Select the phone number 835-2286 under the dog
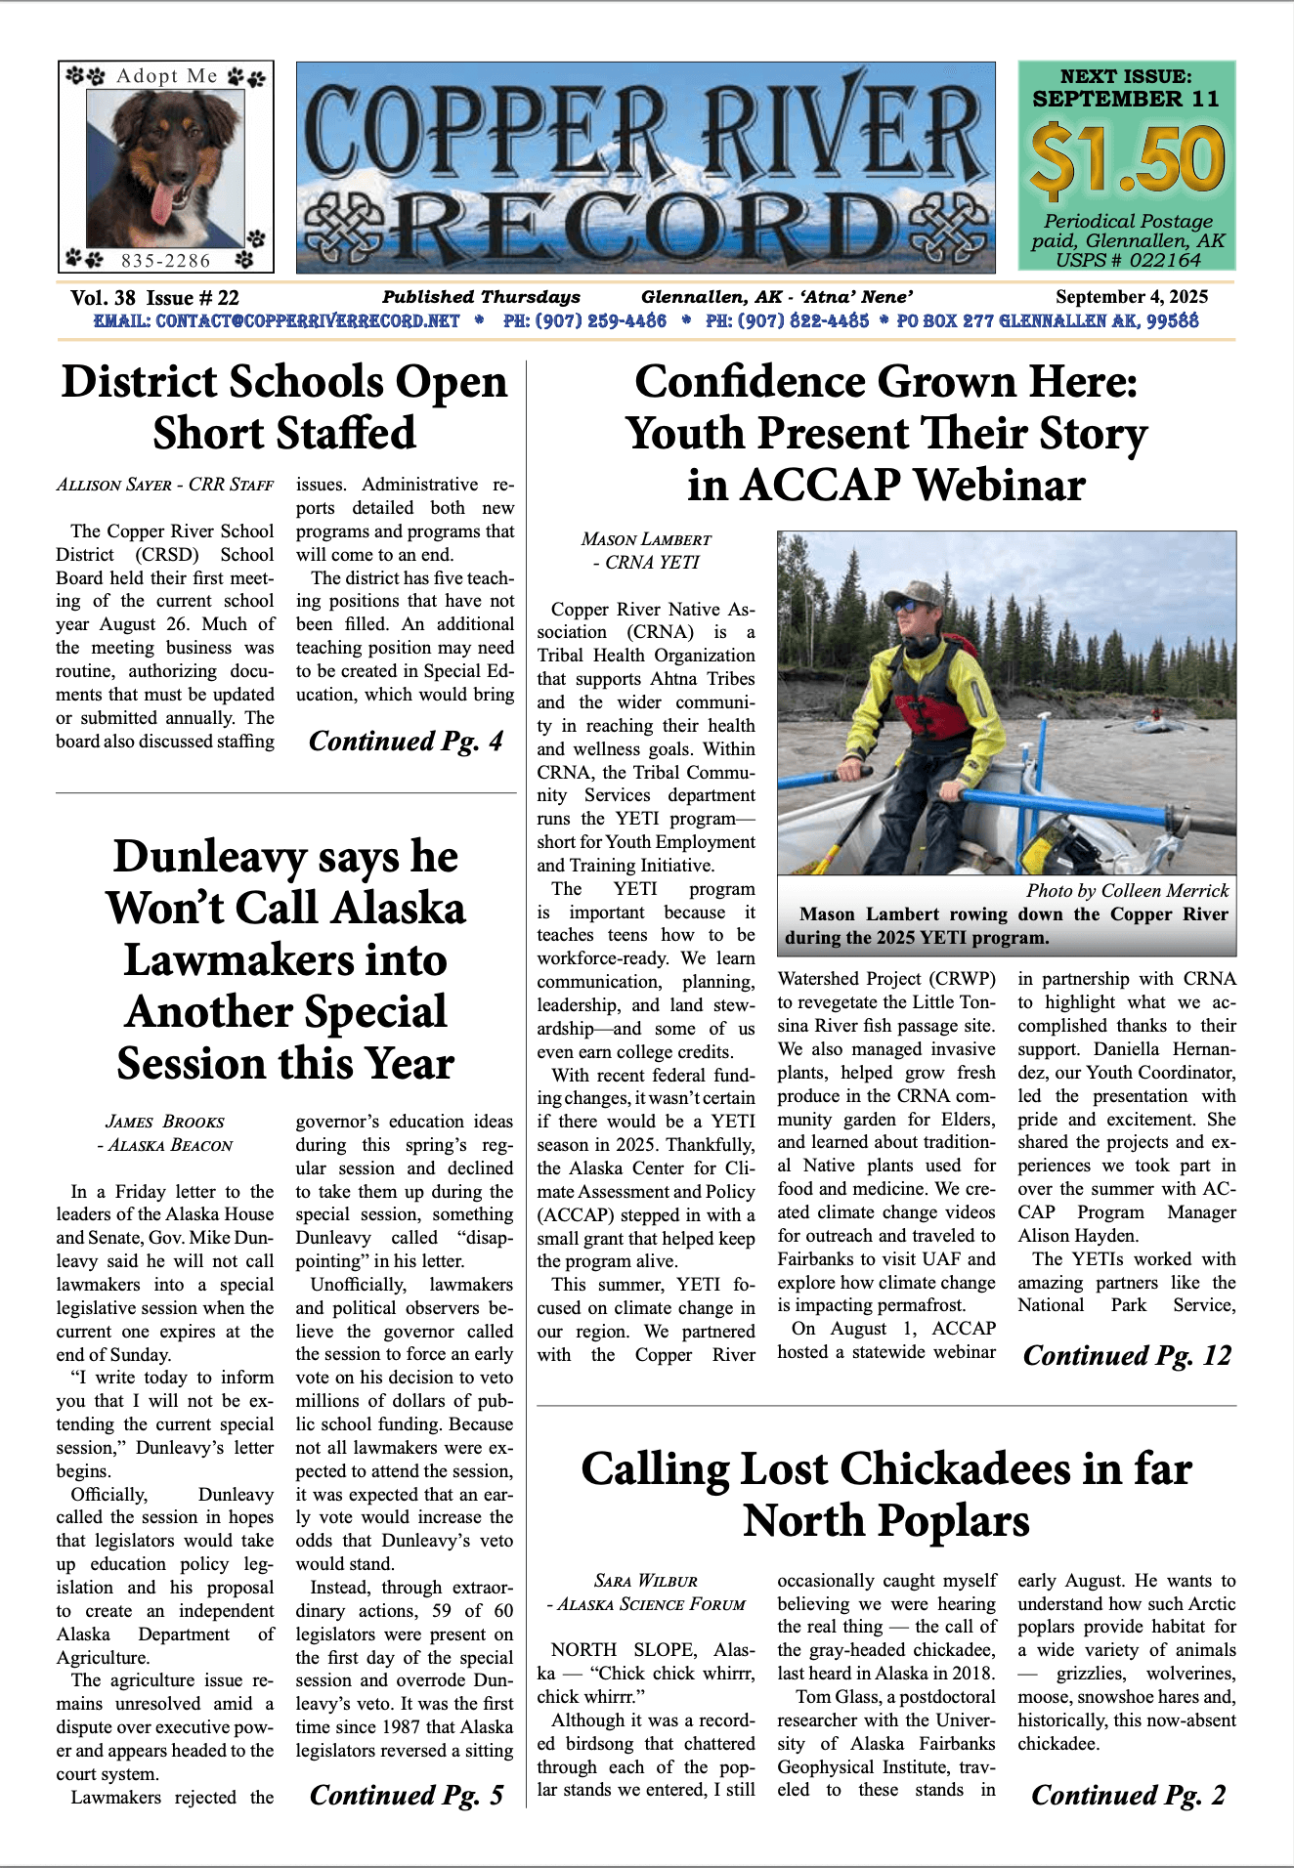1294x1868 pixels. coord(165,261)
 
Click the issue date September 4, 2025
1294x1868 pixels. coord(1131,297)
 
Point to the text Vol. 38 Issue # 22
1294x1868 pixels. coord(154,298)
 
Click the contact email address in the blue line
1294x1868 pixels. coord(277,320)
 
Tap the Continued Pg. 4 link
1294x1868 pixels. coord(406,742)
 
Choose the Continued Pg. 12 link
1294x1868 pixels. coord(1127,1356)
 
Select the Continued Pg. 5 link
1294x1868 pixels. coord(406,1796)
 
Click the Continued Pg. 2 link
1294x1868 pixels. coord(1128,1796)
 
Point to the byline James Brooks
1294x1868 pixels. coord(164,1122)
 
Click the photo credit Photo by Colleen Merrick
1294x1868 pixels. coord(1126,891)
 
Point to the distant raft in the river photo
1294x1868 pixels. coord(1156,725)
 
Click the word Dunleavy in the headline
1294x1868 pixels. coord(209,857)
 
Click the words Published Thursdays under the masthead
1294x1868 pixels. coord(481,297)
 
